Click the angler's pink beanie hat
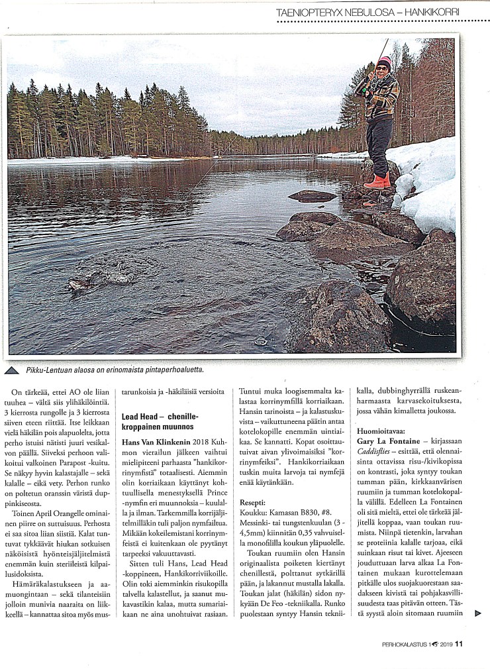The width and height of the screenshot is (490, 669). [383, 63]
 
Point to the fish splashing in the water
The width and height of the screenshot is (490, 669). [79, 284]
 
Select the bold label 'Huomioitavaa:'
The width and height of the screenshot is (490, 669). [379, 429]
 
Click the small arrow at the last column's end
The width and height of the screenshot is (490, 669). [479, 613]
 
